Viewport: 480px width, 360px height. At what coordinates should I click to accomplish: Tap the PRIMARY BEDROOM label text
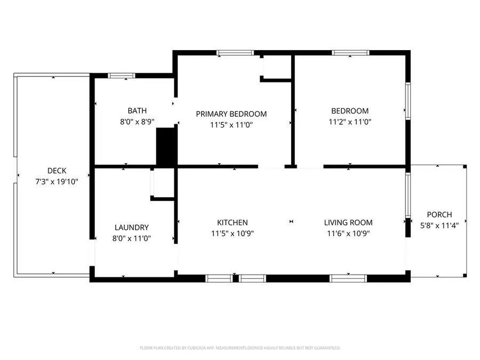[231, 114]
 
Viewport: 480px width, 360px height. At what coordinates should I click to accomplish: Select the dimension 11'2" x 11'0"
[350, 122]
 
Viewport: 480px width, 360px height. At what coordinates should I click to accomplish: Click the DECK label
[57, 171]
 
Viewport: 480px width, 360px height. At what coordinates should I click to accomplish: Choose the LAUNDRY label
[132, 227]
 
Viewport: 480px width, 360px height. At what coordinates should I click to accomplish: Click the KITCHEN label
[232, 222]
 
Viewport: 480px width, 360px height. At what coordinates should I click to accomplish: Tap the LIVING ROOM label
[348, 222]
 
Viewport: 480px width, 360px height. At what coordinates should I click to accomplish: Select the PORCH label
[439, 214]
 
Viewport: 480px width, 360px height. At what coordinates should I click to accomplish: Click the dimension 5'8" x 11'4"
[439, 225]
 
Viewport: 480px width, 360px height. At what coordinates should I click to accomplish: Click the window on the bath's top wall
[118, 76]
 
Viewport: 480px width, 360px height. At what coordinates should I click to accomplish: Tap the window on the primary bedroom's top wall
[235, 53]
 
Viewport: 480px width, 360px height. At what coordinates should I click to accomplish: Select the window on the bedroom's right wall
[408, 100]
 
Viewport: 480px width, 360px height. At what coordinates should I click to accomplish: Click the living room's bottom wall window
[348, 278]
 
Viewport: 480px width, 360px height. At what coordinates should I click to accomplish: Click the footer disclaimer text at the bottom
[239, 348]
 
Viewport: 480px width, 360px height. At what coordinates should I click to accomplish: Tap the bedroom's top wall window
[350, 53]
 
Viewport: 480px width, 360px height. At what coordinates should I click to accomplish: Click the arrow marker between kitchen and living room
[291, 221]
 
